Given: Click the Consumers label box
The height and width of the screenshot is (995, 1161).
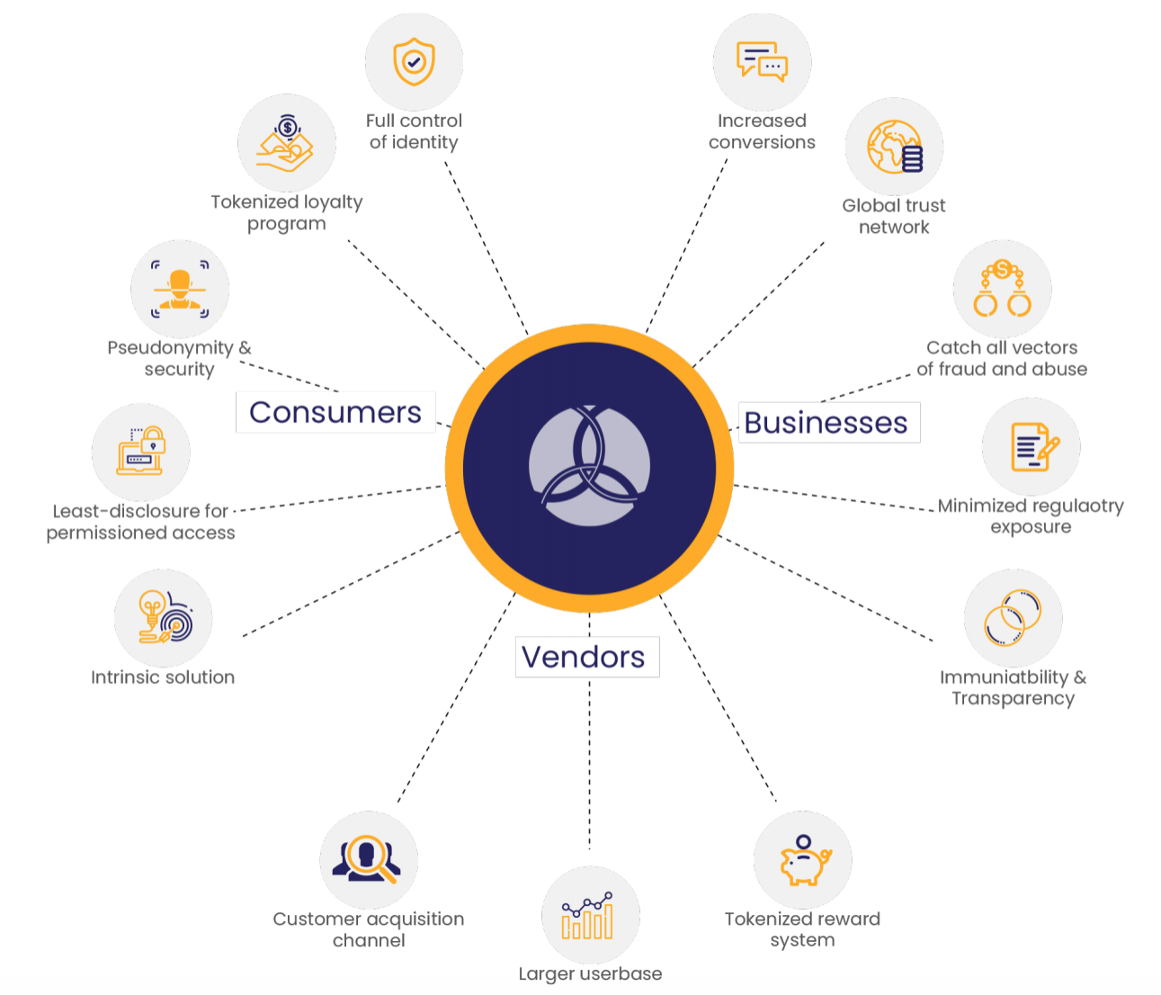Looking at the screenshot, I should [335, 412].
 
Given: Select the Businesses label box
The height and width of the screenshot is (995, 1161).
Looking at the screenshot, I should [826, 423].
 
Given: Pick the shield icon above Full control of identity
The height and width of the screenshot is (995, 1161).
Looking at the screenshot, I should [414, 62].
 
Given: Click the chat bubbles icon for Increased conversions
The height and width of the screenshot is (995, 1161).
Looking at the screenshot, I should [762, 62].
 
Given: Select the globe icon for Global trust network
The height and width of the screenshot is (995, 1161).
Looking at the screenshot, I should [894, 147].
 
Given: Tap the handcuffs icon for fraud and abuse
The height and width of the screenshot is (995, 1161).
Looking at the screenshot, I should [1002, 289].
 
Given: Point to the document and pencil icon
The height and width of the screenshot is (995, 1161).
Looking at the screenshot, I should [1032, 446].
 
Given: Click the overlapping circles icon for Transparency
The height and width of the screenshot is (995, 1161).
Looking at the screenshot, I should [1013, 618].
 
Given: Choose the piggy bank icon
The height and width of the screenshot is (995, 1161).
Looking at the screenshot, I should [803, 861].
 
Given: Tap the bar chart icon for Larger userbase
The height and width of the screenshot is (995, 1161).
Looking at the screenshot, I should [589, 916].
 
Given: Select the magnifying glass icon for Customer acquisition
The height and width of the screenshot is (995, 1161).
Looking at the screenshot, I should [368, 859].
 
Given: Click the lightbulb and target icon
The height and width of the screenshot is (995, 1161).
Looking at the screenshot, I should [164, 617].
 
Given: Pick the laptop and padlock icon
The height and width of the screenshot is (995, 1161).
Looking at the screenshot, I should [141, 451].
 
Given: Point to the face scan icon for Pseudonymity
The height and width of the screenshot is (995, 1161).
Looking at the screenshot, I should [180, 289].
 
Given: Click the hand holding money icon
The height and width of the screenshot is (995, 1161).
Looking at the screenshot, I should [286, 144].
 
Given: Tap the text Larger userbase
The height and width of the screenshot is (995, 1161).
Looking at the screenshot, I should [590, 973].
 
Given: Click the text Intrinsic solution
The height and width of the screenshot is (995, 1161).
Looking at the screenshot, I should [163, 677].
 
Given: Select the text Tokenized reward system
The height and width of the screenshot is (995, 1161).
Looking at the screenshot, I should [802, 929].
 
